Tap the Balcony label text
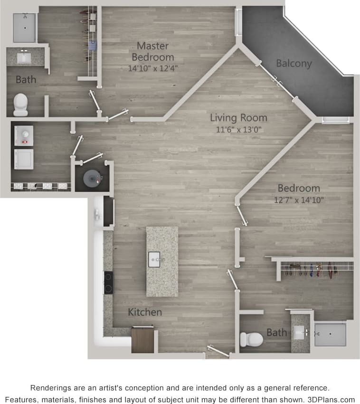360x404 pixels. [x=294, y=63]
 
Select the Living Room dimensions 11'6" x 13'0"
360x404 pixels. [x=238, y=129]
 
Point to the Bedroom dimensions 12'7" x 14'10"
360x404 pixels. [x=298, y=200]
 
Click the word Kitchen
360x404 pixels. [x=145, y=312]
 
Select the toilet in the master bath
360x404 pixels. [x=20, y=104]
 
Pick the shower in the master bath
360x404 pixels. [x=25, y=28]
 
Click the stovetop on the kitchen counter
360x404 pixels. [x=108, y=282]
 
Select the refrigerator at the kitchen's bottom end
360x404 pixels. [x=142, y=339]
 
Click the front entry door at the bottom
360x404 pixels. [x=218, y=352]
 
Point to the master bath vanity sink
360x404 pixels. [x=23, y=58]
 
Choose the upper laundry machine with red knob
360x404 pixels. [x=23, y=136]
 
